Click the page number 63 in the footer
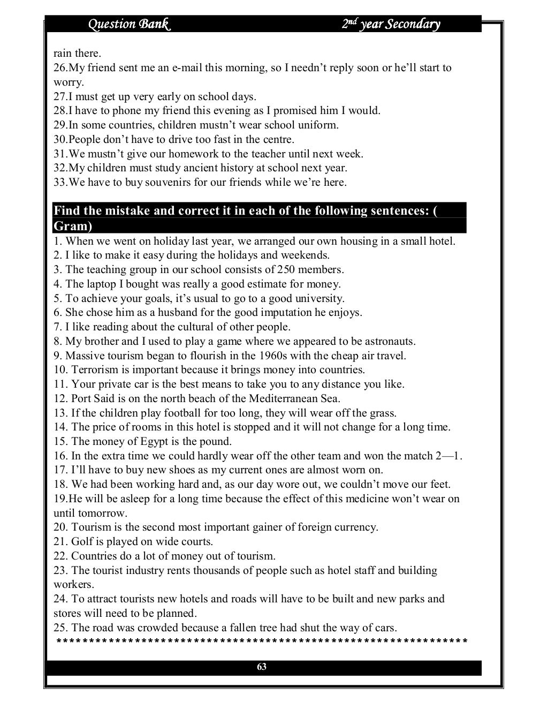(262, 667)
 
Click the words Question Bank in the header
(129, 24)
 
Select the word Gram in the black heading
(72, 226)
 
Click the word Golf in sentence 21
(82, 541)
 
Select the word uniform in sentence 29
(320, 125)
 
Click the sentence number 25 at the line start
(60, 628)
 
